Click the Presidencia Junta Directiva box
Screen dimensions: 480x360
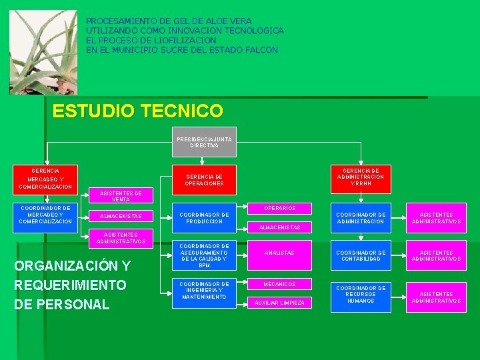point(204,142)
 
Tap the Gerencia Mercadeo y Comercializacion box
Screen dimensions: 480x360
point(46,179)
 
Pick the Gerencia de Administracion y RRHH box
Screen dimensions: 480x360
point(361,177)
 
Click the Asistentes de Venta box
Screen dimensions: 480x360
point(121,196)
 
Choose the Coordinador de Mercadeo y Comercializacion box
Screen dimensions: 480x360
point(46,215)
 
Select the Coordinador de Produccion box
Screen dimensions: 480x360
point(204,218)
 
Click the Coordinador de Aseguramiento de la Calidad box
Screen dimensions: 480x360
point(204,255)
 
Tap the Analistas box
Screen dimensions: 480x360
point(279,253)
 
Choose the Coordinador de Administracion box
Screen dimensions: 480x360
point(361,218)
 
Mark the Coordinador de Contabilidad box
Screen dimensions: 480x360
point(361,255)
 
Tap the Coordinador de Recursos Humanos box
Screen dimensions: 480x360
point(361,294)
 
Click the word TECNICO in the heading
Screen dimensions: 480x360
point(181,111)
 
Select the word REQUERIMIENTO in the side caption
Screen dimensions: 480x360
point(70,285)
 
